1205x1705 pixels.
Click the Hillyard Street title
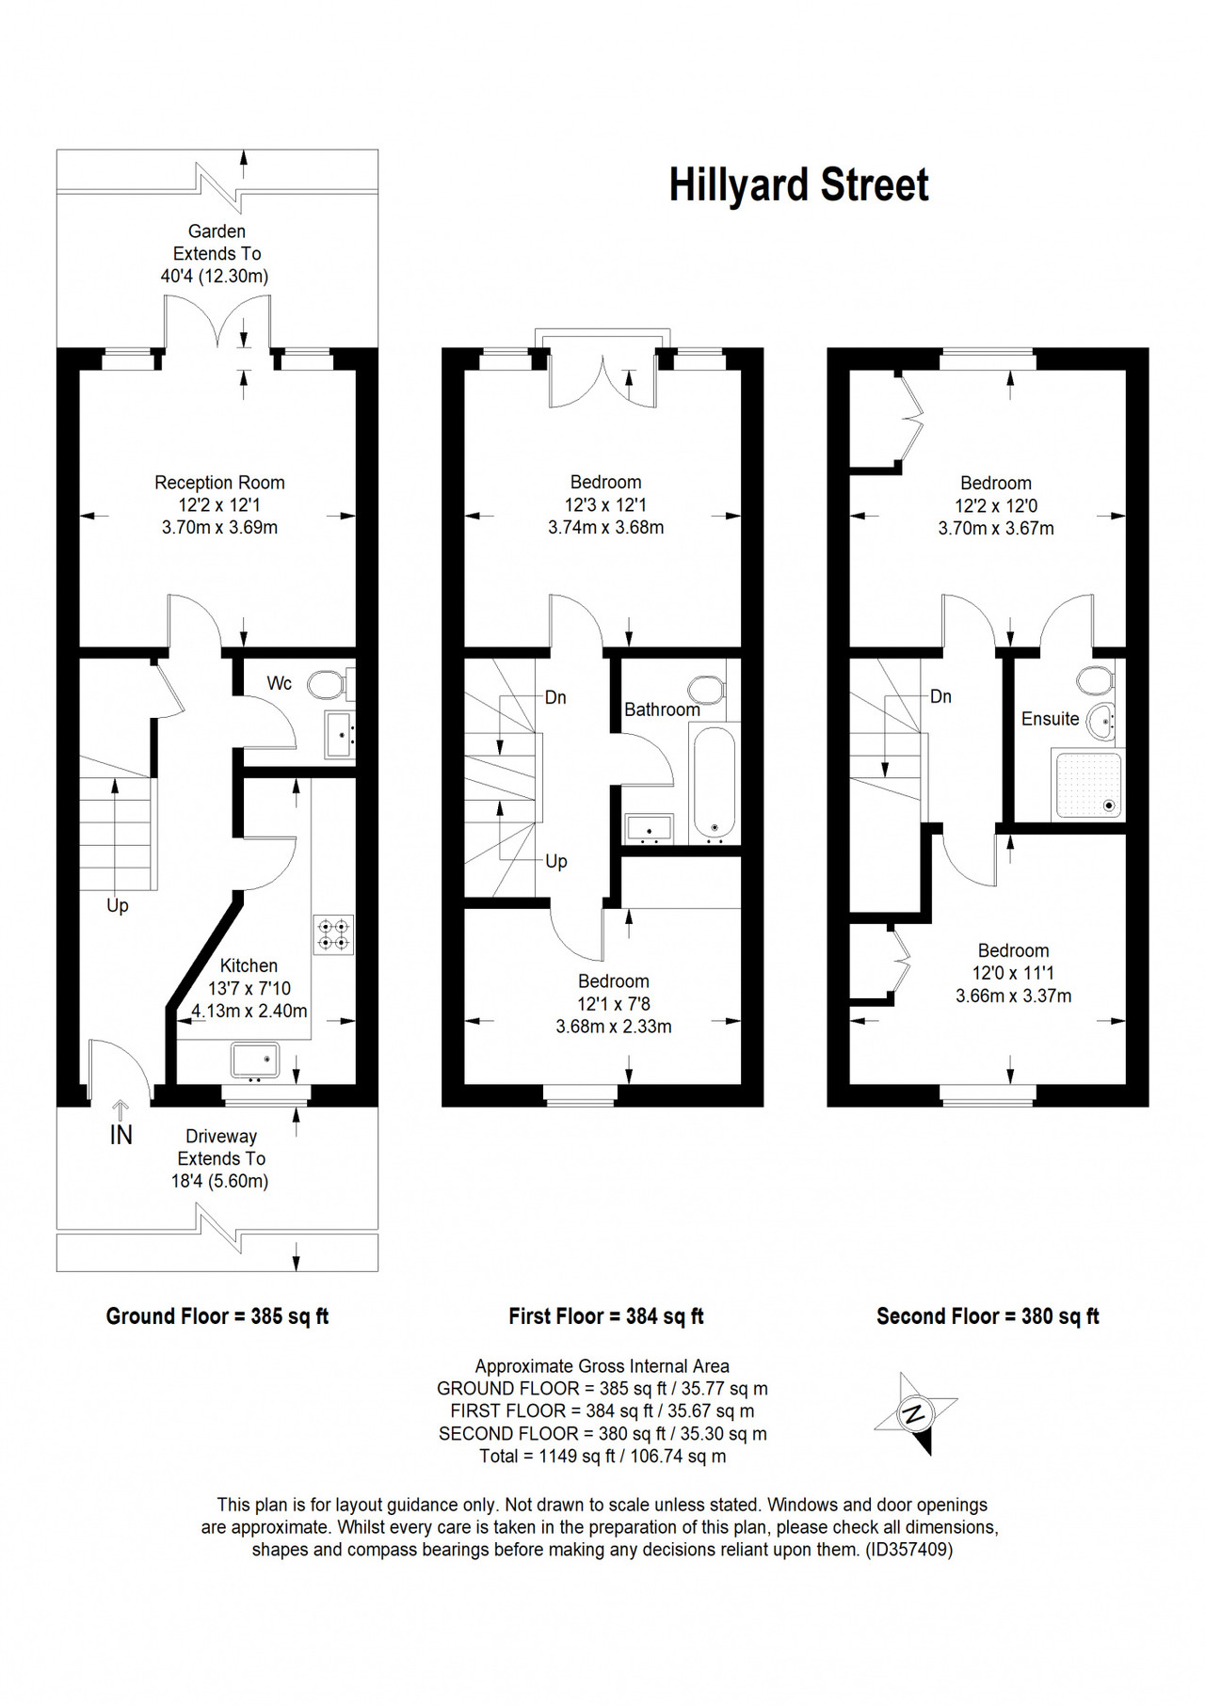click(798, 185)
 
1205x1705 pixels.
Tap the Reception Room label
click(219, 483)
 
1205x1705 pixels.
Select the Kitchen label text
click(249, 965)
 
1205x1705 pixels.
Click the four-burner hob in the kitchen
click(333, 934)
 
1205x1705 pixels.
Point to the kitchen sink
click(255, 1060)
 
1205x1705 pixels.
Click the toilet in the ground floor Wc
click(330, 684)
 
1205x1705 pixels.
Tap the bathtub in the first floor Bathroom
click(713, 782)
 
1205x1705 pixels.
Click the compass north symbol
click(914, 1413)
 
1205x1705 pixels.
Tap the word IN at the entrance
click(120, 1136)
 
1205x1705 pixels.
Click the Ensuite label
click(1051, 719)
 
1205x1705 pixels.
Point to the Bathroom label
click(662, 709)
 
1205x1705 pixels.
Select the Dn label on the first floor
click(555, 697)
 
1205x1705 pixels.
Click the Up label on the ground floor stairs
click(117, 905)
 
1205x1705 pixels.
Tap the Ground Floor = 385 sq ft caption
click(217, 1316)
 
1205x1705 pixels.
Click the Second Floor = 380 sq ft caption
click(988, 1316)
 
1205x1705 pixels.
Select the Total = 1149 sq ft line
click(602, 1457)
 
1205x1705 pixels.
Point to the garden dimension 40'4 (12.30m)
click(215, 277)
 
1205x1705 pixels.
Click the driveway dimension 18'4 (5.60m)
click(220, 1182)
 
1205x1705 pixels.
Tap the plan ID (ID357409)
click(908, 1549)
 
